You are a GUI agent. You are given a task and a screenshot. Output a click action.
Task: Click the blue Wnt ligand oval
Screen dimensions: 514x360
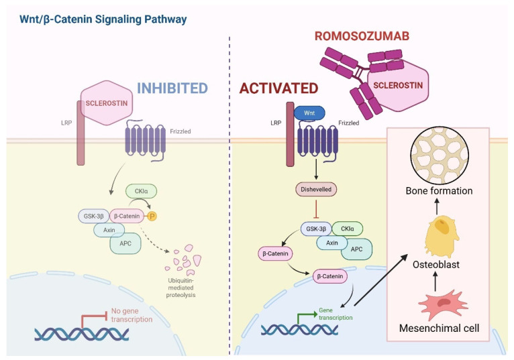coord(309,113)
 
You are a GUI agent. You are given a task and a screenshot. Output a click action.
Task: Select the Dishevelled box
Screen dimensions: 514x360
coord(316,189)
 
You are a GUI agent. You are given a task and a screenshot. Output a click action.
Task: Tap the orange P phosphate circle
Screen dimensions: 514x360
coord(152,216)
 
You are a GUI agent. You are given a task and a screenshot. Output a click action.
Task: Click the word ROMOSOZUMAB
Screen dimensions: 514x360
coord(362,36)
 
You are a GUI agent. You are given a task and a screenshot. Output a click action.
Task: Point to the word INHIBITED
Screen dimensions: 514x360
coord(172,88)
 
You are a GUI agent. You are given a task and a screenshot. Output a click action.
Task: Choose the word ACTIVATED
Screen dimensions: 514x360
coord(278,88)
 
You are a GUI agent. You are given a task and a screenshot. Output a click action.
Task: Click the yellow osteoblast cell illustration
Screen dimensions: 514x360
coord(442,235)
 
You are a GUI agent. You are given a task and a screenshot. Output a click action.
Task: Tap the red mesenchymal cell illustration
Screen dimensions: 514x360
coord(443,304)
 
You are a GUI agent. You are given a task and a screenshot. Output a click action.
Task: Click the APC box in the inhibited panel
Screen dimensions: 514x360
coord(125,243)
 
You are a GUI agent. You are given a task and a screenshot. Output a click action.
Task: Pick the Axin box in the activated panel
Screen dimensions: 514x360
coord(331,243)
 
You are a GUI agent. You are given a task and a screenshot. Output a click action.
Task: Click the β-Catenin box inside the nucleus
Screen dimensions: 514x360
coord(329,276)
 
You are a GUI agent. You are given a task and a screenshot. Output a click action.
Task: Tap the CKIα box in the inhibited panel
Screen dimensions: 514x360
coord(142,191)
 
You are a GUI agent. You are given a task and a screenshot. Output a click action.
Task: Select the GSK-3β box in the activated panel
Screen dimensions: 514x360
coord(316,229)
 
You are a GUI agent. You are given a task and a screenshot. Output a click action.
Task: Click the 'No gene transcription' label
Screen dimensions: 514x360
coord(132,315)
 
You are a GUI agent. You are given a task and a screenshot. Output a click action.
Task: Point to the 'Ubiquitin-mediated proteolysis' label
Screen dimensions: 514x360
coord(181,288)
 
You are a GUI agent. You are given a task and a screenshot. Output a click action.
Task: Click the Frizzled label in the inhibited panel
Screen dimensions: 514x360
coord(181,131)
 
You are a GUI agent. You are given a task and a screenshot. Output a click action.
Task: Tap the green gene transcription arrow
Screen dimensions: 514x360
coord(307,317)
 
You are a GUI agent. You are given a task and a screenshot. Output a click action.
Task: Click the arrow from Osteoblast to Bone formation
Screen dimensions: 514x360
coord(437,206)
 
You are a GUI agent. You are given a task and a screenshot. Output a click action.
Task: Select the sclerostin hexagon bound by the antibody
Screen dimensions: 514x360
coord(399,86)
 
